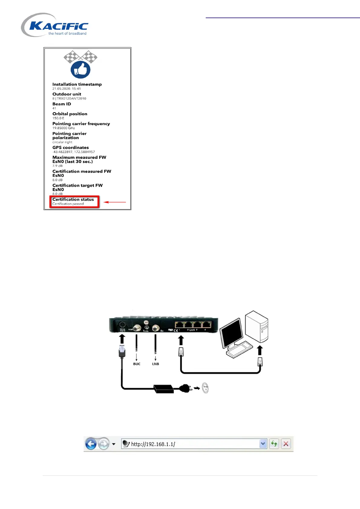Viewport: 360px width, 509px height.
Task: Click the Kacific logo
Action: click(55, 25)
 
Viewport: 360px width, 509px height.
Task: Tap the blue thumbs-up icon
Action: click(80, 70)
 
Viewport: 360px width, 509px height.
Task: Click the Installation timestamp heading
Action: click(77, 84)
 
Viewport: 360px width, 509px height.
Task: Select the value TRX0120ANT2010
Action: click(71, 99)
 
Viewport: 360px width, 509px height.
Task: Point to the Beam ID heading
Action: click(62, 104)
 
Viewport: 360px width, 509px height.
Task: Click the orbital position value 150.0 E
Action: click(58, 118)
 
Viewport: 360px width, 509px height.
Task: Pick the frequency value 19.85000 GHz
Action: click(64, 128)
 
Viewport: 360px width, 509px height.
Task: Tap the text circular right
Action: click(62, 142)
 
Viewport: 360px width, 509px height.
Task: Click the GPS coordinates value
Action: click(74, 152)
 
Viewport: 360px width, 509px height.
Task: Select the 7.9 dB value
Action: click(57, 166)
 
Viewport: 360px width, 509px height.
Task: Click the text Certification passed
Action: click(68, 204)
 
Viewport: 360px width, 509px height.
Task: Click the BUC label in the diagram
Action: click(137, 364)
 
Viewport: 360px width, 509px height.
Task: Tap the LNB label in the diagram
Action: click(155, 364)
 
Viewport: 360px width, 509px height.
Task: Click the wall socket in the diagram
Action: click(205, 388)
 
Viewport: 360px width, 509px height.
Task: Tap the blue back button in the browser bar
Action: click(91, 444)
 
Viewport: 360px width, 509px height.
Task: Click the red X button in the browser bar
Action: click(286, 444)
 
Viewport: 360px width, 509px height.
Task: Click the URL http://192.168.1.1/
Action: click(153, 444)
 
